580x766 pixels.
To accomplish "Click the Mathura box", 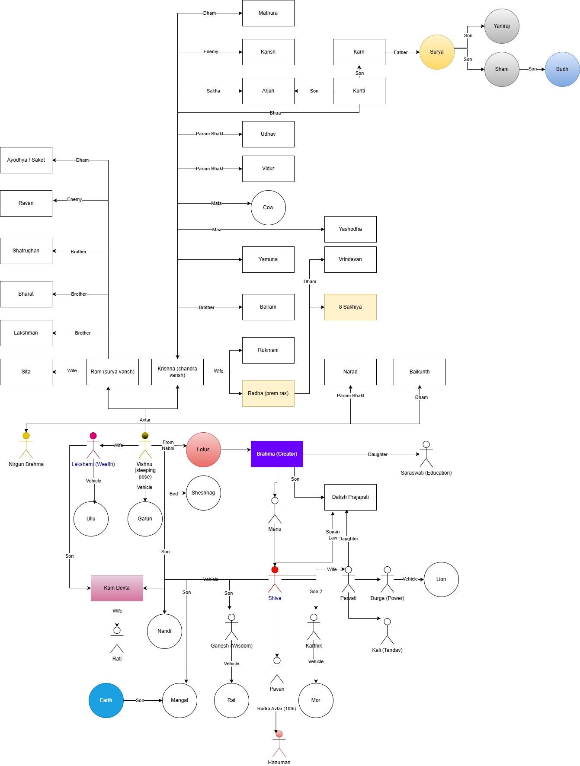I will [x=268, y=13].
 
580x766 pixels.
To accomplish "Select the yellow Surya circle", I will [x=437, y=52].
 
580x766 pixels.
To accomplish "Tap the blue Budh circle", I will [x=562, y=69].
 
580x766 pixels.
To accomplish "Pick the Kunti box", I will [x=359, y=91].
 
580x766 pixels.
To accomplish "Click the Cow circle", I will [x=268, y=207].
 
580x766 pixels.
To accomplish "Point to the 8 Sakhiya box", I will [x=350, y=307].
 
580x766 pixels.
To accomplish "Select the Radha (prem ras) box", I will [x=268, y=393].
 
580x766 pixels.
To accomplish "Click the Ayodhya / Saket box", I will [x=26, y=160].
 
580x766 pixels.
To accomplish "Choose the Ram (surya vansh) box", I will [x=112, y=372].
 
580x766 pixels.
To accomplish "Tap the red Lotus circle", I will [x=203, y=450].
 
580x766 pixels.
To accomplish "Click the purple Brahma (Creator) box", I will [x=277, y=454].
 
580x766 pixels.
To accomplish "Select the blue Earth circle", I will [x=106, y=700].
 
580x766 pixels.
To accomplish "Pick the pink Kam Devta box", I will [x=117, y=588].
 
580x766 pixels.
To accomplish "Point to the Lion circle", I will [x=441, y=579].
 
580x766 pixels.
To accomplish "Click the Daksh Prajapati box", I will [x=350, y=497].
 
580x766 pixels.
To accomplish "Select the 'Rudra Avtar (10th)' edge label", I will [x=277, y=709].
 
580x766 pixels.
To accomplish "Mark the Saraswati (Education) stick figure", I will [x=426, y=454].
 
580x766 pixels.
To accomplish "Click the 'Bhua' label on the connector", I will [x=275, y=113].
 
